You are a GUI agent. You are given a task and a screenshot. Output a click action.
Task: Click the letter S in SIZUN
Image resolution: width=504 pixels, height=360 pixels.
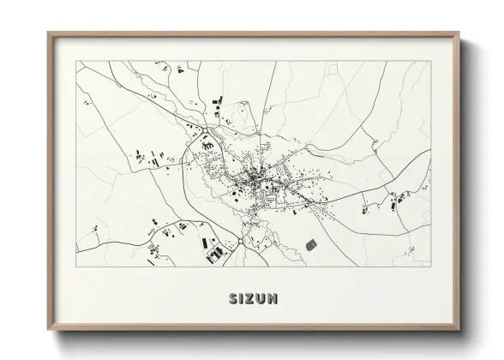[233, 299]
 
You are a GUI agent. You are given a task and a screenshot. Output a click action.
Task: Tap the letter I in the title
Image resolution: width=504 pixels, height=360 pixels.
[243, 299]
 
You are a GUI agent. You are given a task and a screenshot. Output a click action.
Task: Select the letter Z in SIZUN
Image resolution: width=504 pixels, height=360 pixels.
[251, 299]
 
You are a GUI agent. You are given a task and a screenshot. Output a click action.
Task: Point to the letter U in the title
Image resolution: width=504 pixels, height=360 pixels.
[262, 299]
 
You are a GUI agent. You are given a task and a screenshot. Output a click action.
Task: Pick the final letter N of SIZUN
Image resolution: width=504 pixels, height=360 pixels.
[273, 299]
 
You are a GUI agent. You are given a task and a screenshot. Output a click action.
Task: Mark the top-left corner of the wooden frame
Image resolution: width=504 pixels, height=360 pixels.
[48, 33]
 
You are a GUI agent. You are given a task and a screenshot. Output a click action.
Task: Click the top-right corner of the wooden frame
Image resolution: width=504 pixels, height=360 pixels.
[459, 33]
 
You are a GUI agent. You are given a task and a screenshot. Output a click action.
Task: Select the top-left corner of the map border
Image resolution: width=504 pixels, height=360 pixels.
[75, 61]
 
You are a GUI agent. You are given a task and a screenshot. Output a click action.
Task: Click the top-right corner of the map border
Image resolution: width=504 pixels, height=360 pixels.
[431, 61]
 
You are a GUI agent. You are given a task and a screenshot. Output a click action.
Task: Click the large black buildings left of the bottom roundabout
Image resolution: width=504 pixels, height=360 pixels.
[214, 252]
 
